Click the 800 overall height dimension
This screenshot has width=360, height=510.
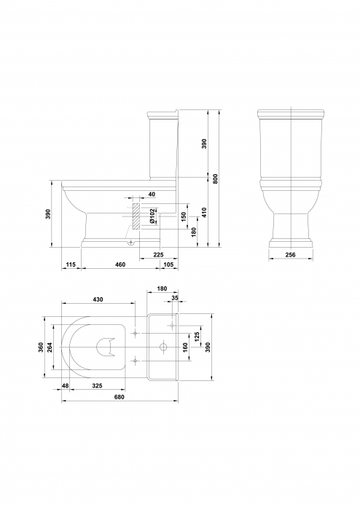(x=215, y=179)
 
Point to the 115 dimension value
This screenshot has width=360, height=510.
(x=70, y=263)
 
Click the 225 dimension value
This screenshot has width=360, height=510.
(x=158, y=254)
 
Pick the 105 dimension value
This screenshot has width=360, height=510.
(x=168, y=263)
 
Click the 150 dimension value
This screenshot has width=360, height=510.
(x=184, y=216)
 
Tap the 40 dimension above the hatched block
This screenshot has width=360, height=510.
(x=152, y=195)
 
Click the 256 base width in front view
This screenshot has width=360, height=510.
(x=290, y=254)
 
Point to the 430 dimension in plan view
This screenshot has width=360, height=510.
(x=98, y=299)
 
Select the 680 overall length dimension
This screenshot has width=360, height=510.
(x=120, y=397)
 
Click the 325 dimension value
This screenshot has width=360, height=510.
(x=97, y=385)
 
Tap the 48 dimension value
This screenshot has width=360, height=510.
(x=66, y=385)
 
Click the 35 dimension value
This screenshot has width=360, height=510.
(x=174, y=299)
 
